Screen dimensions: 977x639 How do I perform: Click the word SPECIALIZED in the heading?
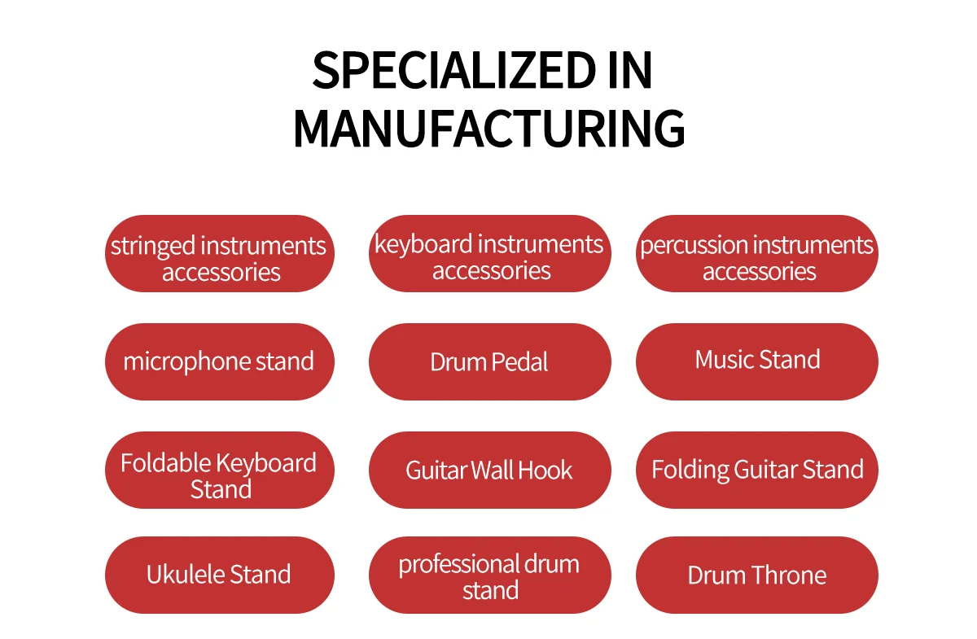pos(453,70)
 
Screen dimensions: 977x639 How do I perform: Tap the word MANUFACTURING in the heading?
pos(489,129)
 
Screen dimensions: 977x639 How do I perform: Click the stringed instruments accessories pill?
pos(219,253)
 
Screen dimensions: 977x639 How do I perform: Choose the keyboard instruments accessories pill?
pos(490,253)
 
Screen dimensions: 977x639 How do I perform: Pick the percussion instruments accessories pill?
pos(756,253)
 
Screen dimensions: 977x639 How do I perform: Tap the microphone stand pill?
pos(219,361)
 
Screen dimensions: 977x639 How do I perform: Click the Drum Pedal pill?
pos(490,361)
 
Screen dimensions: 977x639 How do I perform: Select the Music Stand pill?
pos(756,361)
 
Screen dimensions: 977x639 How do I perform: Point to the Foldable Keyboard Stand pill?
pos(219,470)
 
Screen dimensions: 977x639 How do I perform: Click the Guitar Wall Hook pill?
pos(490,470)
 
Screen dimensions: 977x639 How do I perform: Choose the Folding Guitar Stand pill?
pos(756,470)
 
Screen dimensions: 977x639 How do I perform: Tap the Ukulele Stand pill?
pos(219,575)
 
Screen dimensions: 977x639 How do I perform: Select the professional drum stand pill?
pos(490,575)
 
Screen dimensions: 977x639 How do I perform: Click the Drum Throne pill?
pos(756,575)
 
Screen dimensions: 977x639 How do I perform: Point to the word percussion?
pos(694,246)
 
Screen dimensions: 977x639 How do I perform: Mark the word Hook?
pos(545,470)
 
